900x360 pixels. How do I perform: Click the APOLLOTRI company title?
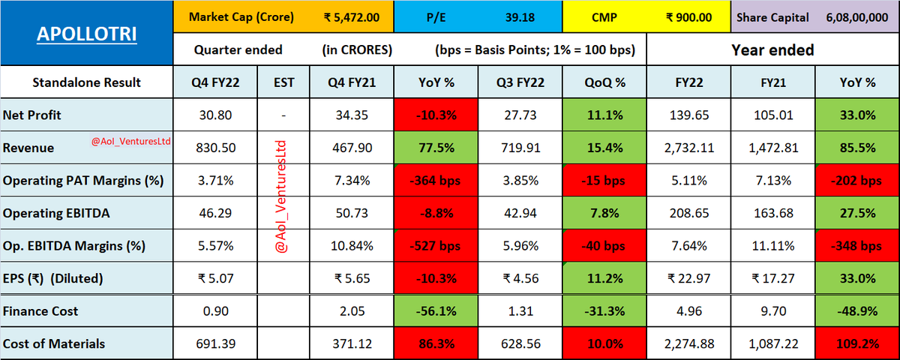coord(87,34)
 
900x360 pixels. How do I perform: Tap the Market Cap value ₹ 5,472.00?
coord(352,17)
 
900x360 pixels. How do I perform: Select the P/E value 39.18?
coord(520,17)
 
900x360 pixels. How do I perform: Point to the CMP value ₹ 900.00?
coord(688,17)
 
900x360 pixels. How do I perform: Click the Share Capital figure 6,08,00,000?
coord(857,17)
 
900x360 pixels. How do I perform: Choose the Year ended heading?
coord(772,49)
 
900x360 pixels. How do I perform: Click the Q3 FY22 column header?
coord(520,82)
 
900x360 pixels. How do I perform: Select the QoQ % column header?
coord(604,82)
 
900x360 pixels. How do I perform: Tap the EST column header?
coord(283,82)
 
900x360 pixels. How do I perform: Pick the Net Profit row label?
coord(31,115)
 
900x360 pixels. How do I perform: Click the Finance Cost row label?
coord(40,311)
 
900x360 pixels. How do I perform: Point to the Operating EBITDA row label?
coord(56,213)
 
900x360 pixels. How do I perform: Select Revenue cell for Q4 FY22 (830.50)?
coord(215,148)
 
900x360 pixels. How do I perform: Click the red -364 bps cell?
coord(436,181)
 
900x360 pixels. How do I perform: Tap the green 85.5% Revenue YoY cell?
coord(857,148)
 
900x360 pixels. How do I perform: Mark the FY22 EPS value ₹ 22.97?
coord(689,278)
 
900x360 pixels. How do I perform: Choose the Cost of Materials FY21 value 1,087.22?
coord(773,344)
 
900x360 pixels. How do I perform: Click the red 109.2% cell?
coord(857,343)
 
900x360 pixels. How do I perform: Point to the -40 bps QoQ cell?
coord(604,245)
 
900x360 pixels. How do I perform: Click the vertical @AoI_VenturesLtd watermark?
coord(281,196)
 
